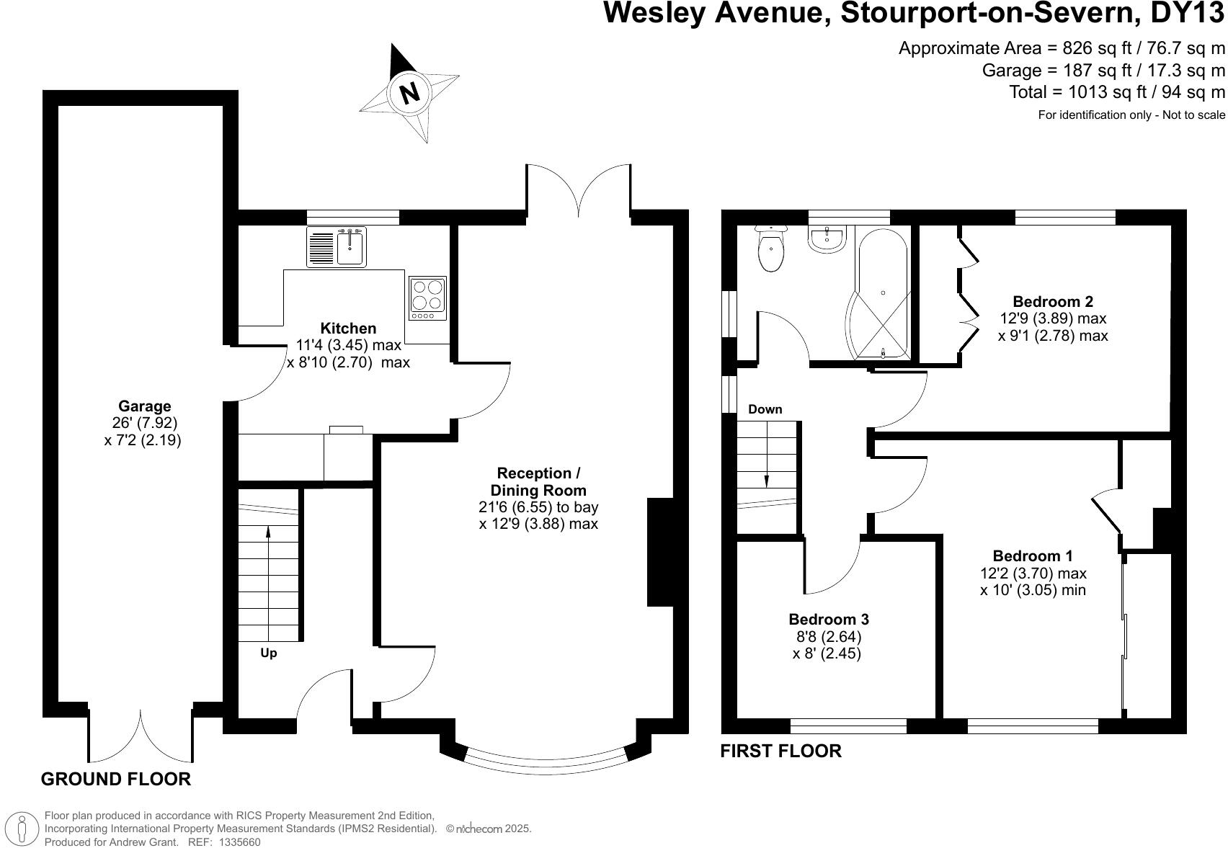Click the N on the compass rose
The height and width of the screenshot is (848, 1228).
[409, 93]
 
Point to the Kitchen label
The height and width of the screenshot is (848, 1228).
[348, 329]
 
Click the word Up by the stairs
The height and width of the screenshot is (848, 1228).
[268, 653]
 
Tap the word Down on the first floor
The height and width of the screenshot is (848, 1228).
[765, 409]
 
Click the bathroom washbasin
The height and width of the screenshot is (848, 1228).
[827, 240]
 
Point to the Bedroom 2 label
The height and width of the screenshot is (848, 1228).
[1052, 302]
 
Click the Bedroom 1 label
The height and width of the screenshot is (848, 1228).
[1032, 556]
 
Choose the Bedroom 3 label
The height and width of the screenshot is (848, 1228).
[828, 620]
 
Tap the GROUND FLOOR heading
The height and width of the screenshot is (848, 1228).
[116, 779]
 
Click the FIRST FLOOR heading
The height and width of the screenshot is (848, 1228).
[780, 751]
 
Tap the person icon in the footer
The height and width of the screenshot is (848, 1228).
[22, 828]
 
